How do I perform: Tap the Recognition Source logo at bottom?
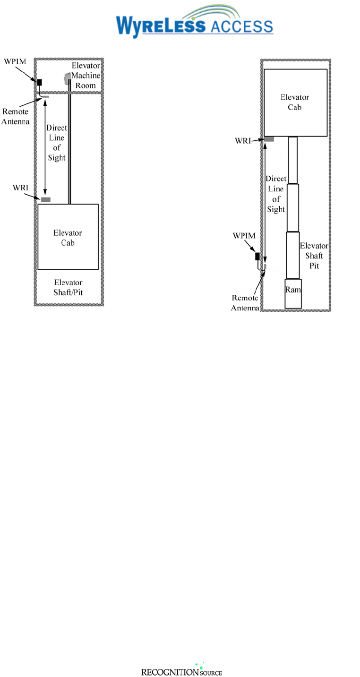coord(181,671)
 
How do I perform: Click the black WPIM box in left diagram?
coord(40,83)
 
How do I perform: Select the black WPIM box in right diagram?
coord(257,257)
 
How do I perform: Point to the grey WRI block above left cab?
coord(45,199)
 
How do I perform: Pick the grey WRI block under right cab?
coord(269,139)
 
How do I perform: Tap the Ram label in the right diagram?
coord(293,290)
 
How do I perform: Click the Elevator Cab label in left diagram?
coord(68,238)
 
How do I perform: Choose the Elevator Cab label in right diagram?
coord(295,102)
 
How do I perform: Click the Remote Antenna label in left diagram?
coord(16,116)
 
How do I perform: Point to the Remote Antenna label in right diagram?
coord(245,303)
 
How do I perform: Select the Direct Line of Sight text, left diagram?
coord(56,143)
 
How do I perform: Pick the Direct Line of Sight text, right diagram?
coord(276,194)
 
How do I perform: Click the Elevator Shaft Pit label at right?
coord(311,256)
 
